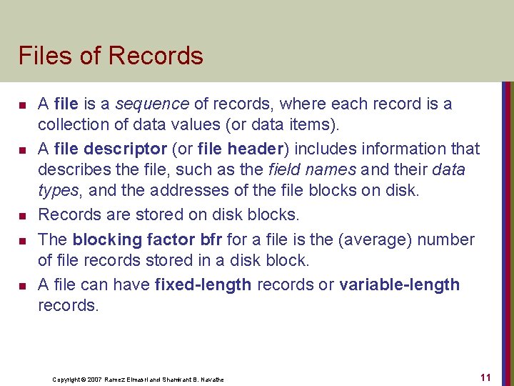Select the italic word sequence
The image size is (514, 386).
click(146, 104)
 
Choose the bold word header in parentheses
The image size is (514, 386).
click(258, 149)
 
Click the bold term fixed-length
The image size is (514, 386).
click(203, 285)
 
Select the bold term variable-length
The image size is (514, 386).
click(399, 285)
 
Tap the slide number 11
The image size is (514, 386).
click(485, 377)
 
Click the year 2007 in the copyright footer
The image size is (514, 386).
click(92, 380)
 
